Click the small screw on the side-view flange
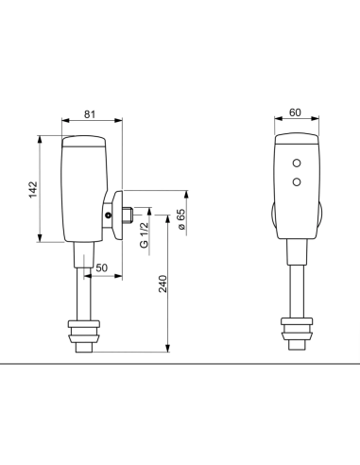click(110, 215)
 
